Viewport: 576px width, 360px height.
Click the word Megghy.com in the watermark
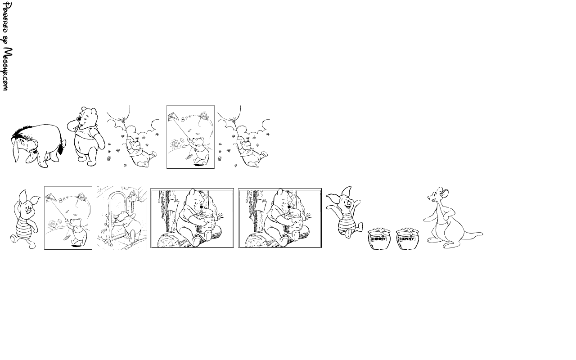[x=7, y=69]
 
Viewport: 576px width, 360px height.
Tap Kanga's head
[x=438, y=195]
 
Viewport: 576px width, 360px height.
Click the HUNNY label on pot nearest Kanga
[x=407, y=239]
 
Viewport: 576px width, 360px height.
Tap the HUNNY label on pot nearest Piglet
[x=379, y=239]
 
